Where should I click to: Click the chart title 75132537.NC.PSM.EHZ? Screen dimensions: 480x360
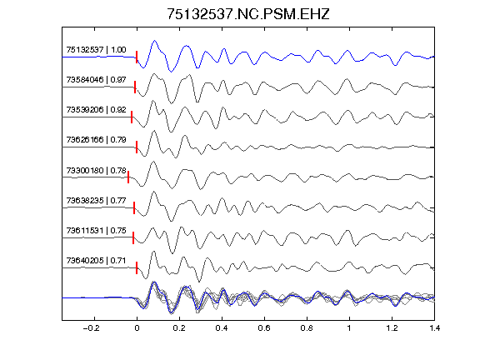(x=248, y=14)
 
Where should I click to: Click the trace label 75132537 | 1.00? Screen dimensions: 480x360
(x=96, y=50)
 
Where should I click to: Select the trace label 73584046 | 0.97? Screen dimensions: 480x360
(x=96, y=80)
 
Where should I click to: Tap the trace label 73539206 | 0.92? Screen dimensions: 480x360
(x=96, y=110)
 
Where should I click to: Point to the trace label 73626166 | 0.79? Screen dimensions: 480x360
(x=96, y=140)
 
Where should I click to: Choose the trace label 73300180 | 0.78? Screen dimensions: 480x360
(x=96, y=170)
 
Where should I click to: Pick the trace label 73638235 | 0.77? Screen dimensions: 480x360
(x=96, y=201)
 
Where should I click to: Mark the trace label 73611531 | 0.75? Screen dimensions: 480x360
(x=96, y=231)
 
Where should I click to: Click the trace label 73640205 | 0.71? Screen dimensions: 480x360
(x=96, y=261)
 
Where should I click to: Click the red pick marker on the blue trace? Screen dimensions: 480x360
(x=137, y=57)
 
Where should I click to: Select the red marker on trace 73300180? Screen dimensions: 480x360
(x=128, y=177)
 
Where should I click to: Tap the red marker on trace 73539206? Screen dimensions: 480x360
(x=132, y=117)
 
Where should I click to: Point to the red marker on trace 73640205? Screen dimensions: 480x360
(x=137, y=267)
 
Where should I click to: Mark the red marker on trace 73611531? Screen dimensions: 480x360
(x=133, y=237)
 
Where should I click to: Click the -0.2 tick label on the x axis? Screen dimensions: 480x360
(x=91, y=328)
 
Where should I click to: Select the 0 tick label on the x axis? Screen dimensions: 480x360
(x=137, y=328)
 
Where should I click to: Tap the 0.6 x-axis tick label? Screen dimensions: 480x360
(x=264, y=328)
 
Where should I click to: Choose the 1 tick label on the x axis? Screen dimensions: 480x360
(x=349, y=328)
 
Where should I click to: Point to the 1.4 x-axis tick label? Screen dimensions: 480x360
(x=435, y=328)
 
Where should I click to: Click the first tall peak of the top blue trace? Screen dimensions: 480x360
(x=155, y=41)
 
